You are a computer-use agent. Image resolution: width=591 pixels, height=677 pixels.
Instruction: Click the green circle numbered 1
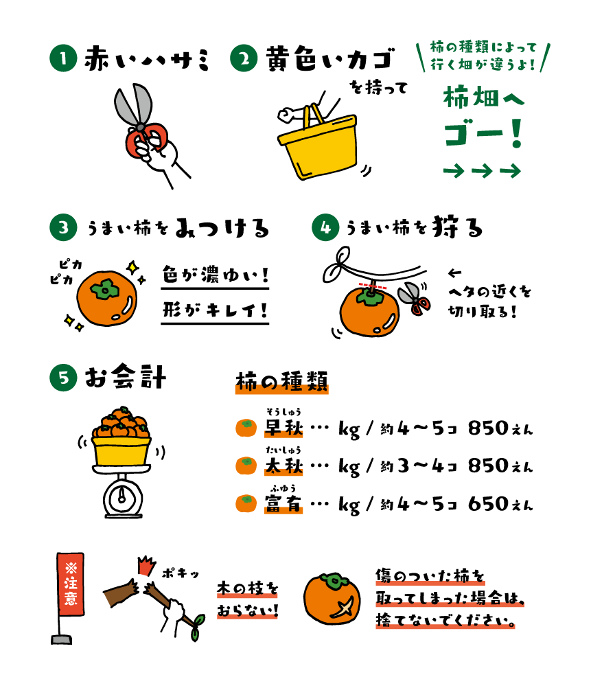click(63, 58)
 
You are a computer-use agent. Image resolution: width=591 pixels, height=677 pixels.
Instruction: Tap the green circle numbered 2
click(244, 58)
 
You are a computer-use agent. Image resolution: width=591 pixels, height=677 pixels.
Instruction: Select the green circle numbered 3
click(63, 227)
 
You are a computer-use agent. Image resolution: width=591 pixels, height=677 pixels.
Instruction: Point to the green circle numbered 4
click(325, 227)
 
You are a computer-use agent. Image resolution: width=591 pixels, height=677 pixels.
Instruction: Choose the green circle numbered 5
click(63, 378)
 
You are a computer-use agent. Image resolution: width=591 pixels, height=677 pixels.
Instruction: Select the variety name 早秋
click(283, 428)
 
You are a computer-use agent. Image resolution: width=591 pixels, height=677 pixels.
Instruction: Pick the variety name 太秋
click(283, 466)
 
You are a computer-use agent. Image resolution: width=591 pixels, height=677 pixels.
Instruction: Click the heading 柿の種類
click(281, 382)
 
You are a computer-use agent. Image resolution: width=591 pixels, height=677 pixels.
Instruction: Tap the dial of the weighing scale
click(122, 498)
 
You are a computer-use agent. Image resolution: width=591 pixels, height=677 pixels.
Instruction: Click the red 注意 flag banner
click(71, 584)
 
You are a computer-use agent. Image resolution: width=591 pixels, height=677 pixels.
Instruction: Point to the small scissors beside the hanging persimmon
click(415, 298)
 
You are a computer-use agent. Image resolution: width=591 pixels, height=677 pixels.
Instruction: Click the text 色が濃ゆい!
click(216, 275)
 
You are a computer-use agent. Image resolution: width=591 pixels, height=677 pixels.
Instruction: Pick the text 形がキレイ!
click(216, 310)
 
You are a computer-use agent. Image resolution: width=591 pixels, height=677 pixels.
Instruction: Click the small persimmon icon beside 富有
click(246, 503)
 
